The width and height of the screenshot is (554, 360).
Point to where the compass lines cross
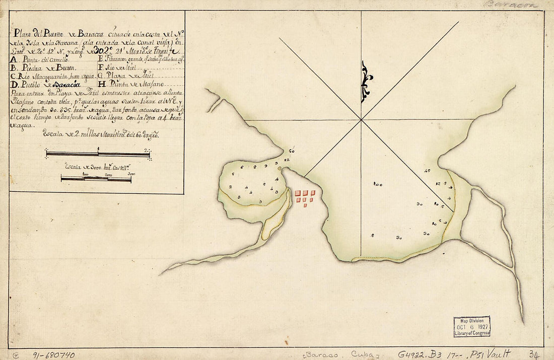361,120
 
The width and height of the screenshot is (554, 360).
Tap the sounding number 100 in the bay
378,184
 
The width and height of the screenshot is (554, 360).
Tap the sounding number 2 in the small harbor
230,187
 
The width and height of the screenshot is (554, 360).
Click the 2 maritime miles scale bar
98,154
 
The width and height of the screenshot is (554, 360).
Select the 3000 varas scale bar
96,178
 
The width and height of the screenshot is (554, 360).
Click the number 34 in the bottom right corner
535,354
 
